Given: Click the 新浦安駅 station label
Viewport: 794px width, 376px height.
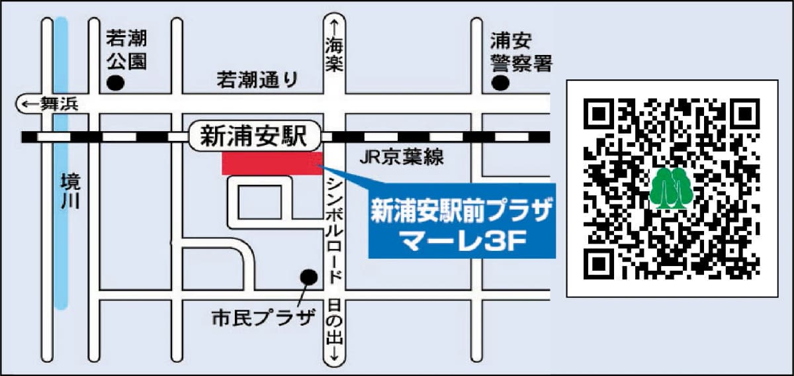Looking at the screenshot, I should pos(253,136).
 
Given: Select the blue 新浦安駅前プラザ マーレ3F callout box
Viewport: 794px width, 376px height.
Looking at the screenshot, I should pos(461,225).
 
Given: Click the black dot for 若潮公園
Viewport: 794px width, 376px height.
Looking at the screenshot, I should pos(116,83).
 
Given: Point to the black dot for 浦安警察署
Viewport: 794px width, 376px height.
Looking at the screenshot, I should pos(500,83).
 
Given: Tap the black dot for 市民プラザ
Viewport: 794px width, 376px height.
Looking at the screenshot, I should pos(308,275).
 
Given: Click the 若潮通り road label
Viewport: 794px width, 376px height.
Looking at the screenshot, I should pos(258,80).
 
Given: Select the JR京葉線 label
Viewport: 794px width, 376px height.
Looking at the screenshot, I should pos(401,158).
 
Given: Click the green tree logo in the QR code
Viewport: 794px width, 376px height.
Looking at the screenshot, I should pos(671,188).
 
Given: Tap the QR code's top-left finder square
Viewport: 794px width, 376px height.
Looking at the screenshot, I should pos(599,114).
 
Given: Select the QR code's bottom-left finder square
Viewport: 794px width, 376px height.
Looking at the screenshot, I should pos(599,263).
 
